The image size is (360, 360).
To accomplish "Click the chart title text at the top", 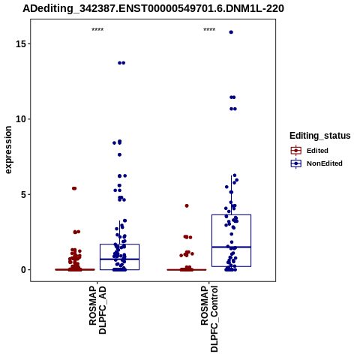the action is (153, 9).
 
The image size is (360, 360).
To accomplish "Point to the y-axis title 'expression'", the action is (8, 150).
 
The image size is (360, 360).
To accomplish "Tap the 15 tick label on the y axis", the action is (21, 44).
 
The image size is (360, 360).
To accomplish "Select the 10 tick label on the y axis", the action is (21, 119).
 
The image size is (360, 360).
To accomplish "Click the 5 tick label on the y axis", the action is (23, 195).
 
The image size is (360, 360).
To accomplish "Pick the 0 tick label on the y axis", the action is (23, 270).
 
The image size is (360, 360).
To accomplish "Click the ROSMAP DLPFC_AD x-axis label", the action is (97, 310).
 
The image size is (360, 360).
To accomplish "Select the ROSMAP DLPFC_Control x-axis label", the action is (209, 319).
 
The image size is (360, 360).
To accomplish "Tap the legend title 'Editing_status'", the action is (320, 136).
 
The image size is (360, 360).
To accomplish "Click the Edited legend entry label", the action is (317, 151).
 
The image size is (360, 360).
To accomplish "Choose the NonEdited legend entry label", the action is (325, 163).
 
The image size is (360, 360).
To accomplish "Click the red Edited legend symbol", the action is (296, 151).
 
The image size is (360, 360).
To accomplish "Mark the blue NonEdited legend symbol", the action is (296, 163).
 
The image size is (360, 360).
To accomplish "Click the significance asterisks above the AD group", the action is (97, 30).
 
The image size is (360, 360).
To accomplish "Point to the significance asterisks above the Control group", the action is (209, 30).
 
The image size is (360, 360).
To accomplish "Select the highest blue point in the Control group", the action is (231, 32).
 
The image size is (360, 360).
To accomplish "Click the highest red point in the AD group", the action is (74, 188).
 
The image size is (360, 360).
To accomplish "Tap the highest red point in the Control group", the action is (187, 205).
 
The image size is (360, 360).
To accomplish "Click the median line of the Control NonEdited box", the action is (231, 247).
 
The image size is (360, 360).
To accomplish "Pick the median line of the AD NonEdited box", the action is (119, 259).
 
